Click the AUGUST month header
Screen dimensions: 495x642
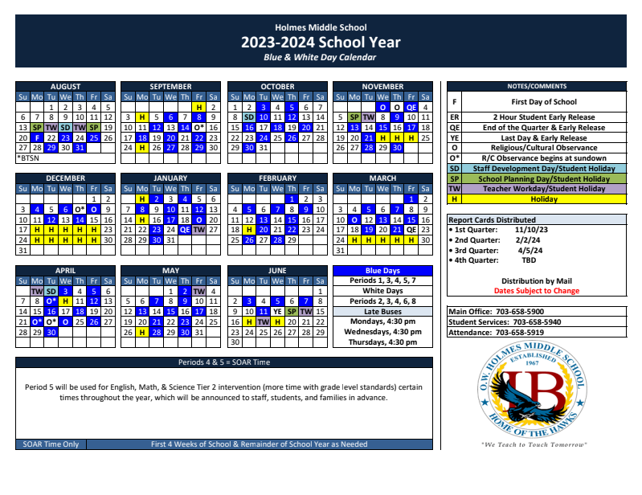click(65, 87)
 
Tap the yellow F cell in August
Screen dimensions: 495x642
click(36, 137)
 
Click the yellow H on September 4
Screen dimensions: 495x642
click(141, 117)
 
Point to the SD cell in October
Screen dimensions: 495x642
click(249, 117)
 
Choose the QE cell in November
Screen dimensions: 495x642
click(411, 107)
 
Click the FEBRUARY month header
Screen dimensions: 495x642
click(277, 178)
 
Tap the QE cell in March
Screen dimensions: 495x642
click(411, 229)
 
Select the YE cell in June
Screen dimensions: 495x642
click(276, 311)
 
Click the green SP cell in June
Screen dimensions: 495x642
click(292, 311)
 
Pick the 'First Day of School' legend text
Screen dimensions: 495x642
click(544, 102)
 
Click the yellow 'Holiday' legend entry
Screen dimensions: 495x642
click(544, 198)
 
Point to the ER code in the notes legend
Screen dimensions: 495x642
click(454, 117)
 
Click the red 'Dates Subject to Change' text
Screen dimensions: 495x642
click(536, 291)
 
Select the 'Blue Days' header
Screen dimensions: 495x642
click(382, 271)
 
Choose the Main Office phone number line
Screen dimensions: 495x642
click(507, 311)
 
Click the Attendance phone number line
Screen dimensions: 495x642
click(507, 332)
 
